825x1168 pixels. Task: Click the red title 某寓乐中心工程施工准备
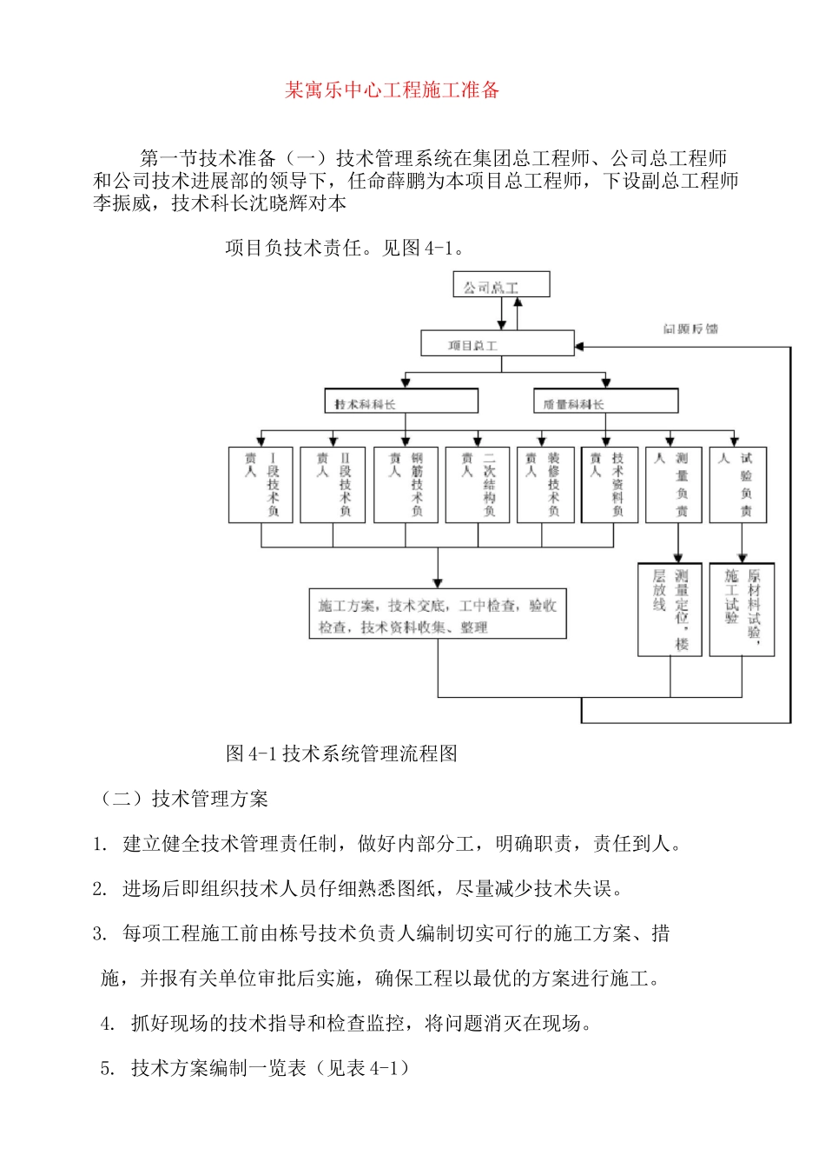[x=393, y=90]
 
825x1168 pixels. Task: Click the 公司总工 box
[x=501, y=286]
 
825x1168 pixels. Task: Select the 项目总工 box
[x=497, y=344]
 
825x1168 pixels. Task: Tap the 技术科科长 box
[x=401, y=401]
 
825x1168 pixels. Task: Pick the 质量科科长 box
[x=604, y=401]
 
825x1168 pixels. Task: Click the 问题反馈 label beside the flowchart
[x=690, y=328]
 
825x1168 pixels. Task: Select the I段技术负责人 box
[x=261, y=485]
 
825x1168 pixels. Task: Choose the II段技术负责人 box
[x=333, y=485]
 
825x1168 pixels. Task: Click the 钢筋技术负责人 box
[x=406, y=485]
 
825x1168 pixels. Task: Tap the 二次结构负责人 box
[x=478, y=485]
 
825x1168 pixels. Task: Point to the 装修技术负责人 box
[x=545, y=485]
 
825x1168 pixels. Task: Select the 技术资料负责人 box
[x=609, y=485]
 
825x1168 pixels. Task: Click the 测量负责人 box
[x=674, y=485]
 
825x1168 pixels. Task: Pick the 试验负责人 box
[x=738, y=485]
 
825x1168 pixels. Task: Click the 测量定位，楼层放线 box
[x=670, y=609]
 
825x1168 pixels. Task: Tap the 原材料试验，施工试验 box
[x=742, y=609]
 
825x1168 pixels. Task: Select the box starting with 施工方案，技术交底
[x=438, y=614]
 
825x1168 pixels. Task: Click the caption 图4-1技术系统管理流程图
[x=341, y=753]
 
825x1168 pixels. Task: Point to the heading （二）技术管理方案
[x=184, y=799]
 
